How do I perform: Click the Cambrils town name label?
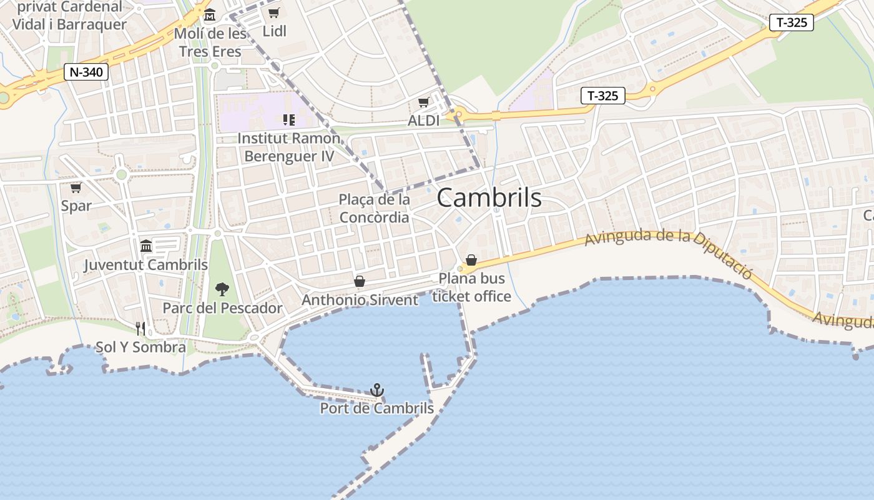click(489, 197)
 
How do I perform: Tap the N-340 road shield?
click(86, 72)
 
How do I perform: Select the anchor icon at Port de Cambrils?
click(376, 390)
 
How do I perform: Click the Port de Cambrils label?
click(376, 409)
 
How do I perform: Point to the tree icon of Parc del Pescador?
click(222, 289)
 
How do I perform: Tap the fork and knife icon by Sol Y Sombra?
click(140, 328)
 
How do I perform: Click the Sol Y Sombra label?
click(140, 347)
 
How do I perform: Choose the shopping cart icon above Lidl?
click(273, 13)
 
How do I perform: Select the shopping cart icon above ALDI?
click(424, 102)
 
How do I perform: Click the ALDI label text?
click(424, 121)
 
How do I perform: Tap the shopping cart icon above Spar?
click(76, 187)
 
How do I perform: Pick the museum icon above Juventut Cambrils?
click(146, 246)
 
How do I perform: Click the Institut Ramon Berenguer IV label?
click(289, 147)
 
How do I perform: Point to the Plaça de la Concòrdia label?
click(374, 208)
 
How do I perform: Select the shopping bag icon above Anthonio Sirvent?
click(359, 281)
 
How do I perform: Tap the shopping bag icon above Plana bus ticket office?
click(471, 259)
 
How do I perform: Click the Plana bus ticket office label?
click(471, 287)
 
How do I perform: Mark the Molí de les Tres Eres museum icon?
click(210, 15)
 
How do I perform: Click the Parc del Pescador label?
click(222, 308)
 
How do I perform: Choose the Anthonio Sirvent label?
click(360, 300)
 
